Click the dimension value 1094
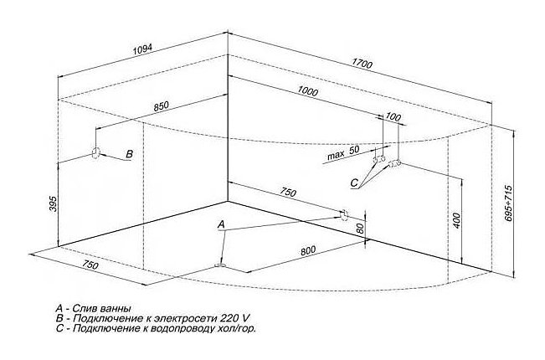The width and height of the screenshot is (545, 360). (143, 49)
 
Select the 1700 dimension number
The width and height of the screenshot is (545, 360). (362, 64)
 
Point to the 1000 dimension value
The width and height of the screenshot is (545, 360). (307, 91)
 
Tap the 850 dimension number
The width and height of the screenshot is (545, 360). (161, 106)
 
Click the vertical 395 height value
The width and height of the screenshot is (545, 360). (52, 203)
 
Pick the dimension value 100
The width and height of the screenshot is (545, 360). (393, 117)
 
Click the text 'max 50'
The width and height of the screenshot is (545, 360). (342, 152)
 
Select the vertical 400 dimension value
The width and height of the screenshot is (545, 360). (457, 221)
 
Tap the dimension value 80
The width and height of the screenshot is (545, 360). (360, 228)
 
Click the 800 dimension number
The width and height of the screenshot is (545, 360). (308, 251)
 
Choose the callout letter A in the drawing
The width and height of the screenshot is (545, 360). (221, 225)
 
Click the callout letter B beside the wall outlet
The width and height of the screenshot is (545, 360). (129, 154)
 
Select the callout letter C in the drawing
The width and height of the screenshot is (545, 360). (354, 183)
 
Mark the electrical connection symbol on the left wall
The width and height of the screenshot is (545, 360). (95, 152)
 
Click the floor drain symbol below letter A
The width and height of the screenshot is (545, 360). (221, 266)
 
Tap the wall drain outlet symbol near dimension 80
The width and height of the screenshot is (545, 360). (344, 216)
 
